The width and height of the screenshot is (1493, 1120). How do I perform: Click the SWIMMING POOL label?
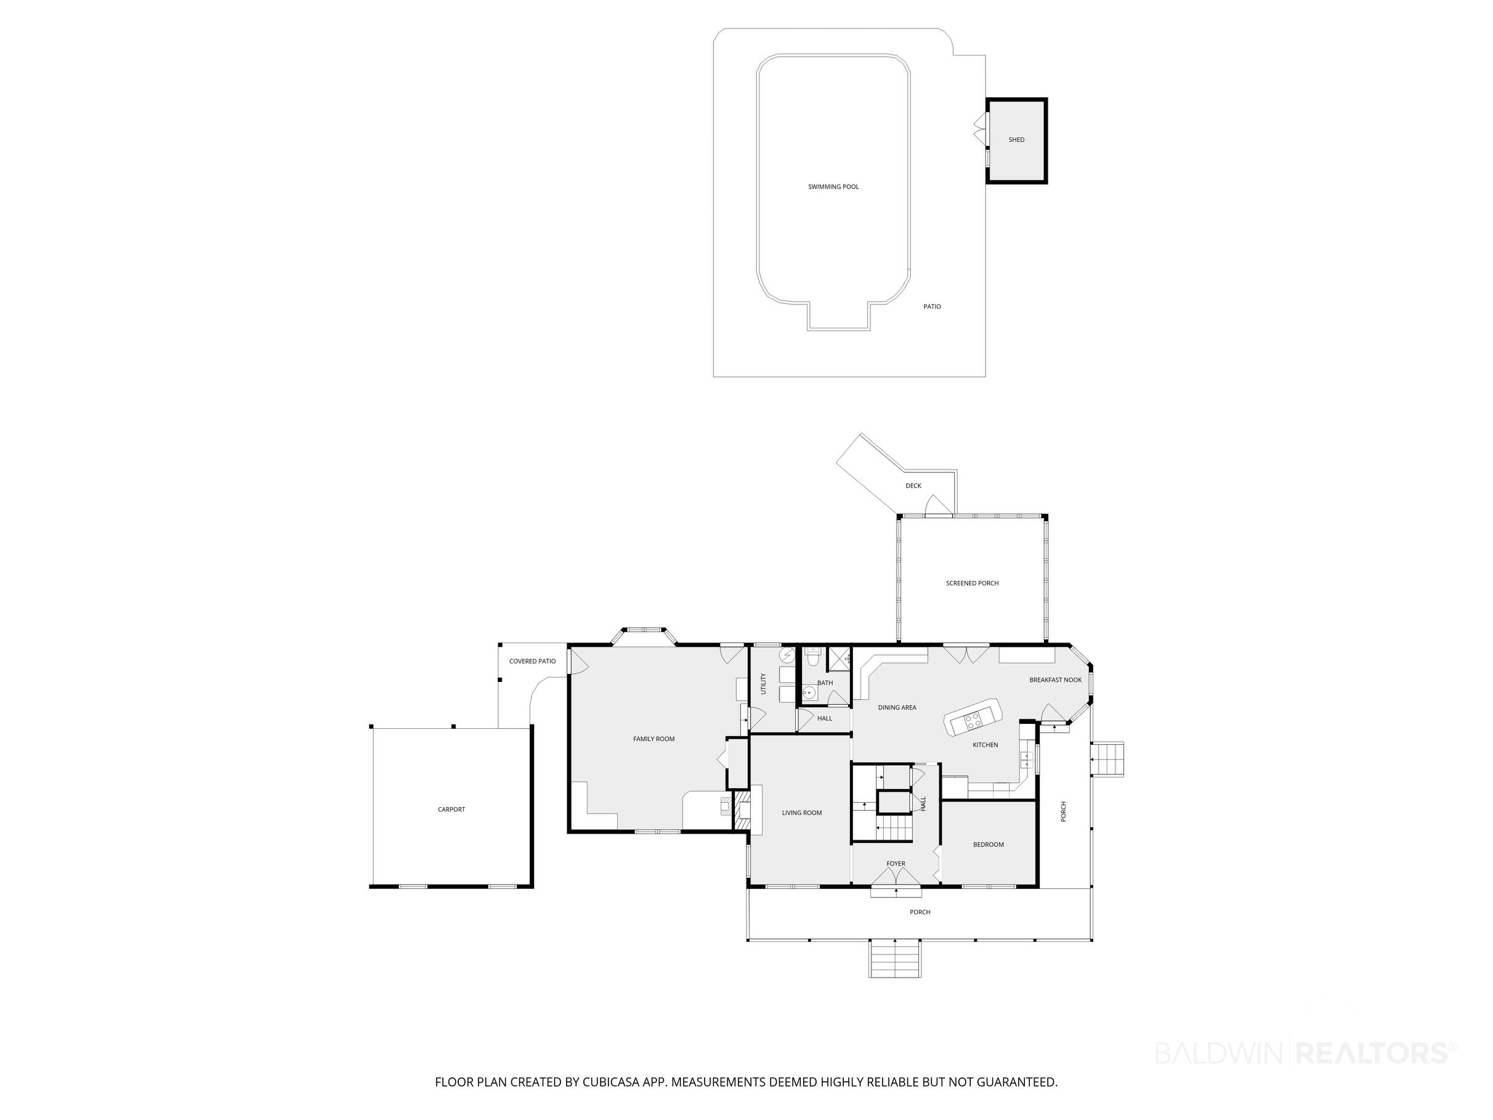[833, 187]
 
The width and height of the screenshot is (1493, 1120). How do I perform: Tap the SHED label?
[1016, 140]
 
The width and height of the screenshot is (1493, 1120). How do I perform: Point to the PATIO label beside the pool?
[932, 307]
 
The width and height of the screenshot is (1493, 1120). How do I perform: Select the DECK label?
[913, 485]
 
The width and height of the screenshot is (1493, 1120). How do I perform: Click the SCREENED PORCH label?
[972, 583]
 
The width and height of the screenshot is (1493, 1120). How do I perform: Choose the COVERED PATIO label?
[533, 662]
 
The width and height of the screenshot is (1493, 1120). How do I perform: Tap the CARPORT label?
[451, 810]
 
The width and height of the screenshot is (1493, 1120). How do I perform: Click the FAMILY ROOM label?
[654, 739]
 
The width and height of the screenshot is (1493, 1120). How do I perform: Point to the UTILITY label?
[763, 683]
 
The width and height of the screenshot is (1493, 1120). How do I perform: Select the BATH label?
[825, 683]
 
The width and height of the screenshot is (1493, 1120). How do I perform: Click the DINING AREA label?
[897, 707]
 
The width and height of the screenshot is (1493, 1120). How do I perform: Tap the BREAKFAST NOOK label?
[1056, 680]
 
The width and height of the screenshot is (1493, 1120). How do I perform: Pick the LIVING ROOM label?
[802, 813]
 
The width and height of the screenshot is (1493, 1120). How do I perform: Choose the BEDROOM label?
[988, 845]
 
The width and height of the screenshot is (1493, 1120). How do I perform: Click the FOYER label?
[896, 864]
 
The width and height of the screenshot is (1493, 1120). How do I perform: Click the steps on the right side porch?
[1108, 760]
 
